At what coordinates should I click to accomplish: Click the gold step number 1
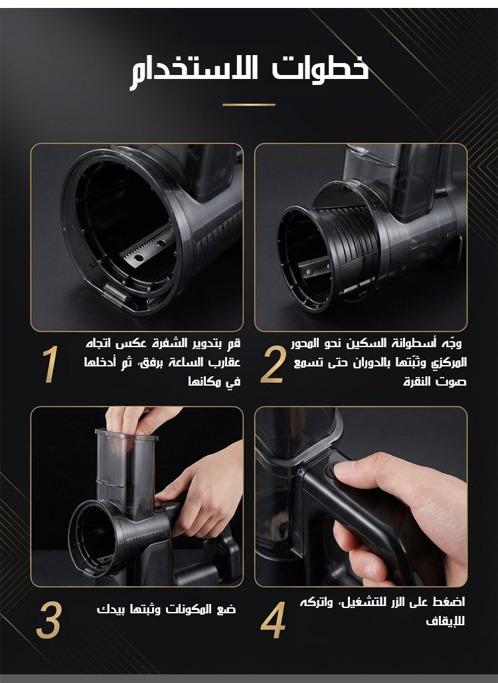tap(50, 364)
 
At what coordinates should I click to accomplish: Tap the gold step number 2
tap(273, 364)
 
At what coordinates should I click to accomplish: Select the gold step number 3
tap(48, 620)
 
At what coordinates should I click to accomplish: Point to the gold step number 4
tap(273, 620)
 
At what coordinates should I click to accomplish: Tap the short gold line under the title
tap(249, 105)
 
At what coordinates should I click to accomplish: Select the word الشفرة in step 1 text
tap(169, 343)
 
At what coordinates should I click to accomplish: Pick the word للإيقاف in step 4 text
tap(446, 621)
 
